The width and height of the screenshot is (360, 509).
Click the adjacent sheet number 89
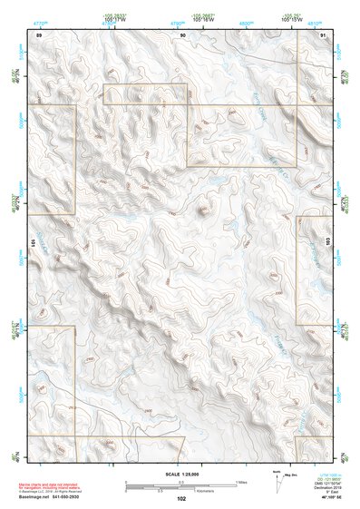point(38,34)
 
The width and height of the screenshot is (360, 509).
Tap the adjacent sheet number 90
point(182,34)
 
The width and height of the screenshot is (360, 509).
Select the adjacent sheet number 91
point(323,34)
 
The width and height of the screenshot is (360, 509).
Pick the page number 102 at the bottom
point(181,499)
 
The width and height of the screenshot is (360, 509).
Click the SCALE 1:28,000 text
point(181,475)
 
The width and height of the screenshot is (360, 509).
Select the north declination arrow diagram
point(278,484)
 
